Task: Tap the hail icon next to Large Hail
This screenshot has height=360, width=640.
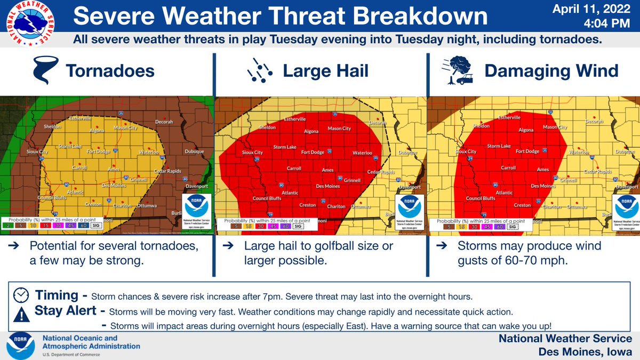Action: click(260, 70)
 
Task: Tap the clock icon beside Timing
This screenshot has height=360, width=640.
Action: click(21, 295)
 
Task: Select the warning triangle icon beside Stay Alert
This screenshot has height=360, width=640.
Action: click(21, 315)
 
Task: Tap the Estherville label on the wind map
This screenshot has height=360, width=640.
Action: click(509, 117)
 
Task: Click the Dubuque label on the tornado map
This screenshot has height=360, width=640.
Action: click(194, 151)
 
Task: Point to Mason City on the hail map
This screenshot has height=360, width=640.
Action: click(339, 129)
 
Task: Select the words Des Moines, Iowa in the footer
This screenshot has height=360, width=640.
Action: click(585, 351)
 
